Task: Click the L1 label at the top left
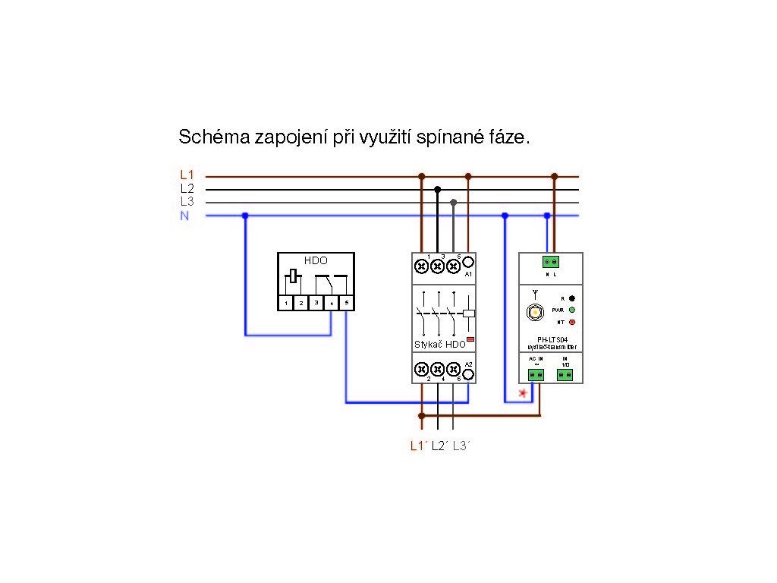click(187, 175)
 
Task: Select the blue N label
click(184, 216)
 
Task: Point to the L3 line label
click(187, 202)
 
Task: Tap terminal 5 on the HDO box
click(346, 302)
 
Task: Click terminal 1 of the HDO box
click(286, 302)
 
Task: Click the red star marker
click(521, 392)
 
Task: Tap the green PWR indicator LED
click(571, 310)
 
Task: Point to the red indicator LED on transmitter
click(571, 322)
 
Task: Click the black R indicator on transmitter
click(571, 298)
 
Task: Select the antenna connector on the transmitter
click(536, 312)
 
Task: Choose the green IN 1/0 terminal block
click(565, 374)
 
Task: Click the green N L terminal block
click(550, 262)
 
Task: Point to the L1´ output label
click(419, 446)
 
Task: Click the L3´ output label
click(461, 446)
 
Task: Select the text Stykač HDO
click(440, 344)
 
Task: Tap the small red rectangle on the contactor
click(470, 339)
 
